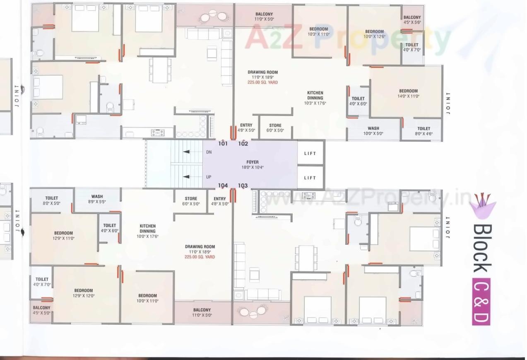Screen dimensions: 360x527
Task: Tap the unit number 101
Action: [223, 144]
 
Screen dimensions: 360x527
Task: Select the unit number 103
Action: [243, 186]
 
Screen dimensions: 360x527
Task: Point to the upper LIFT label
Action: [310, 153]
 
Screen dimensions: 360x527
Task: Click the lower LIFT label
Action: [310, 178]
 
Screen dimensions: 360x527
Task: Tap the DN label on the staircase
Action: [209, 152]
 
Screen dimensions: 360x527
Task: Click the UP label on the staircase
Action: [209, 177]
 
